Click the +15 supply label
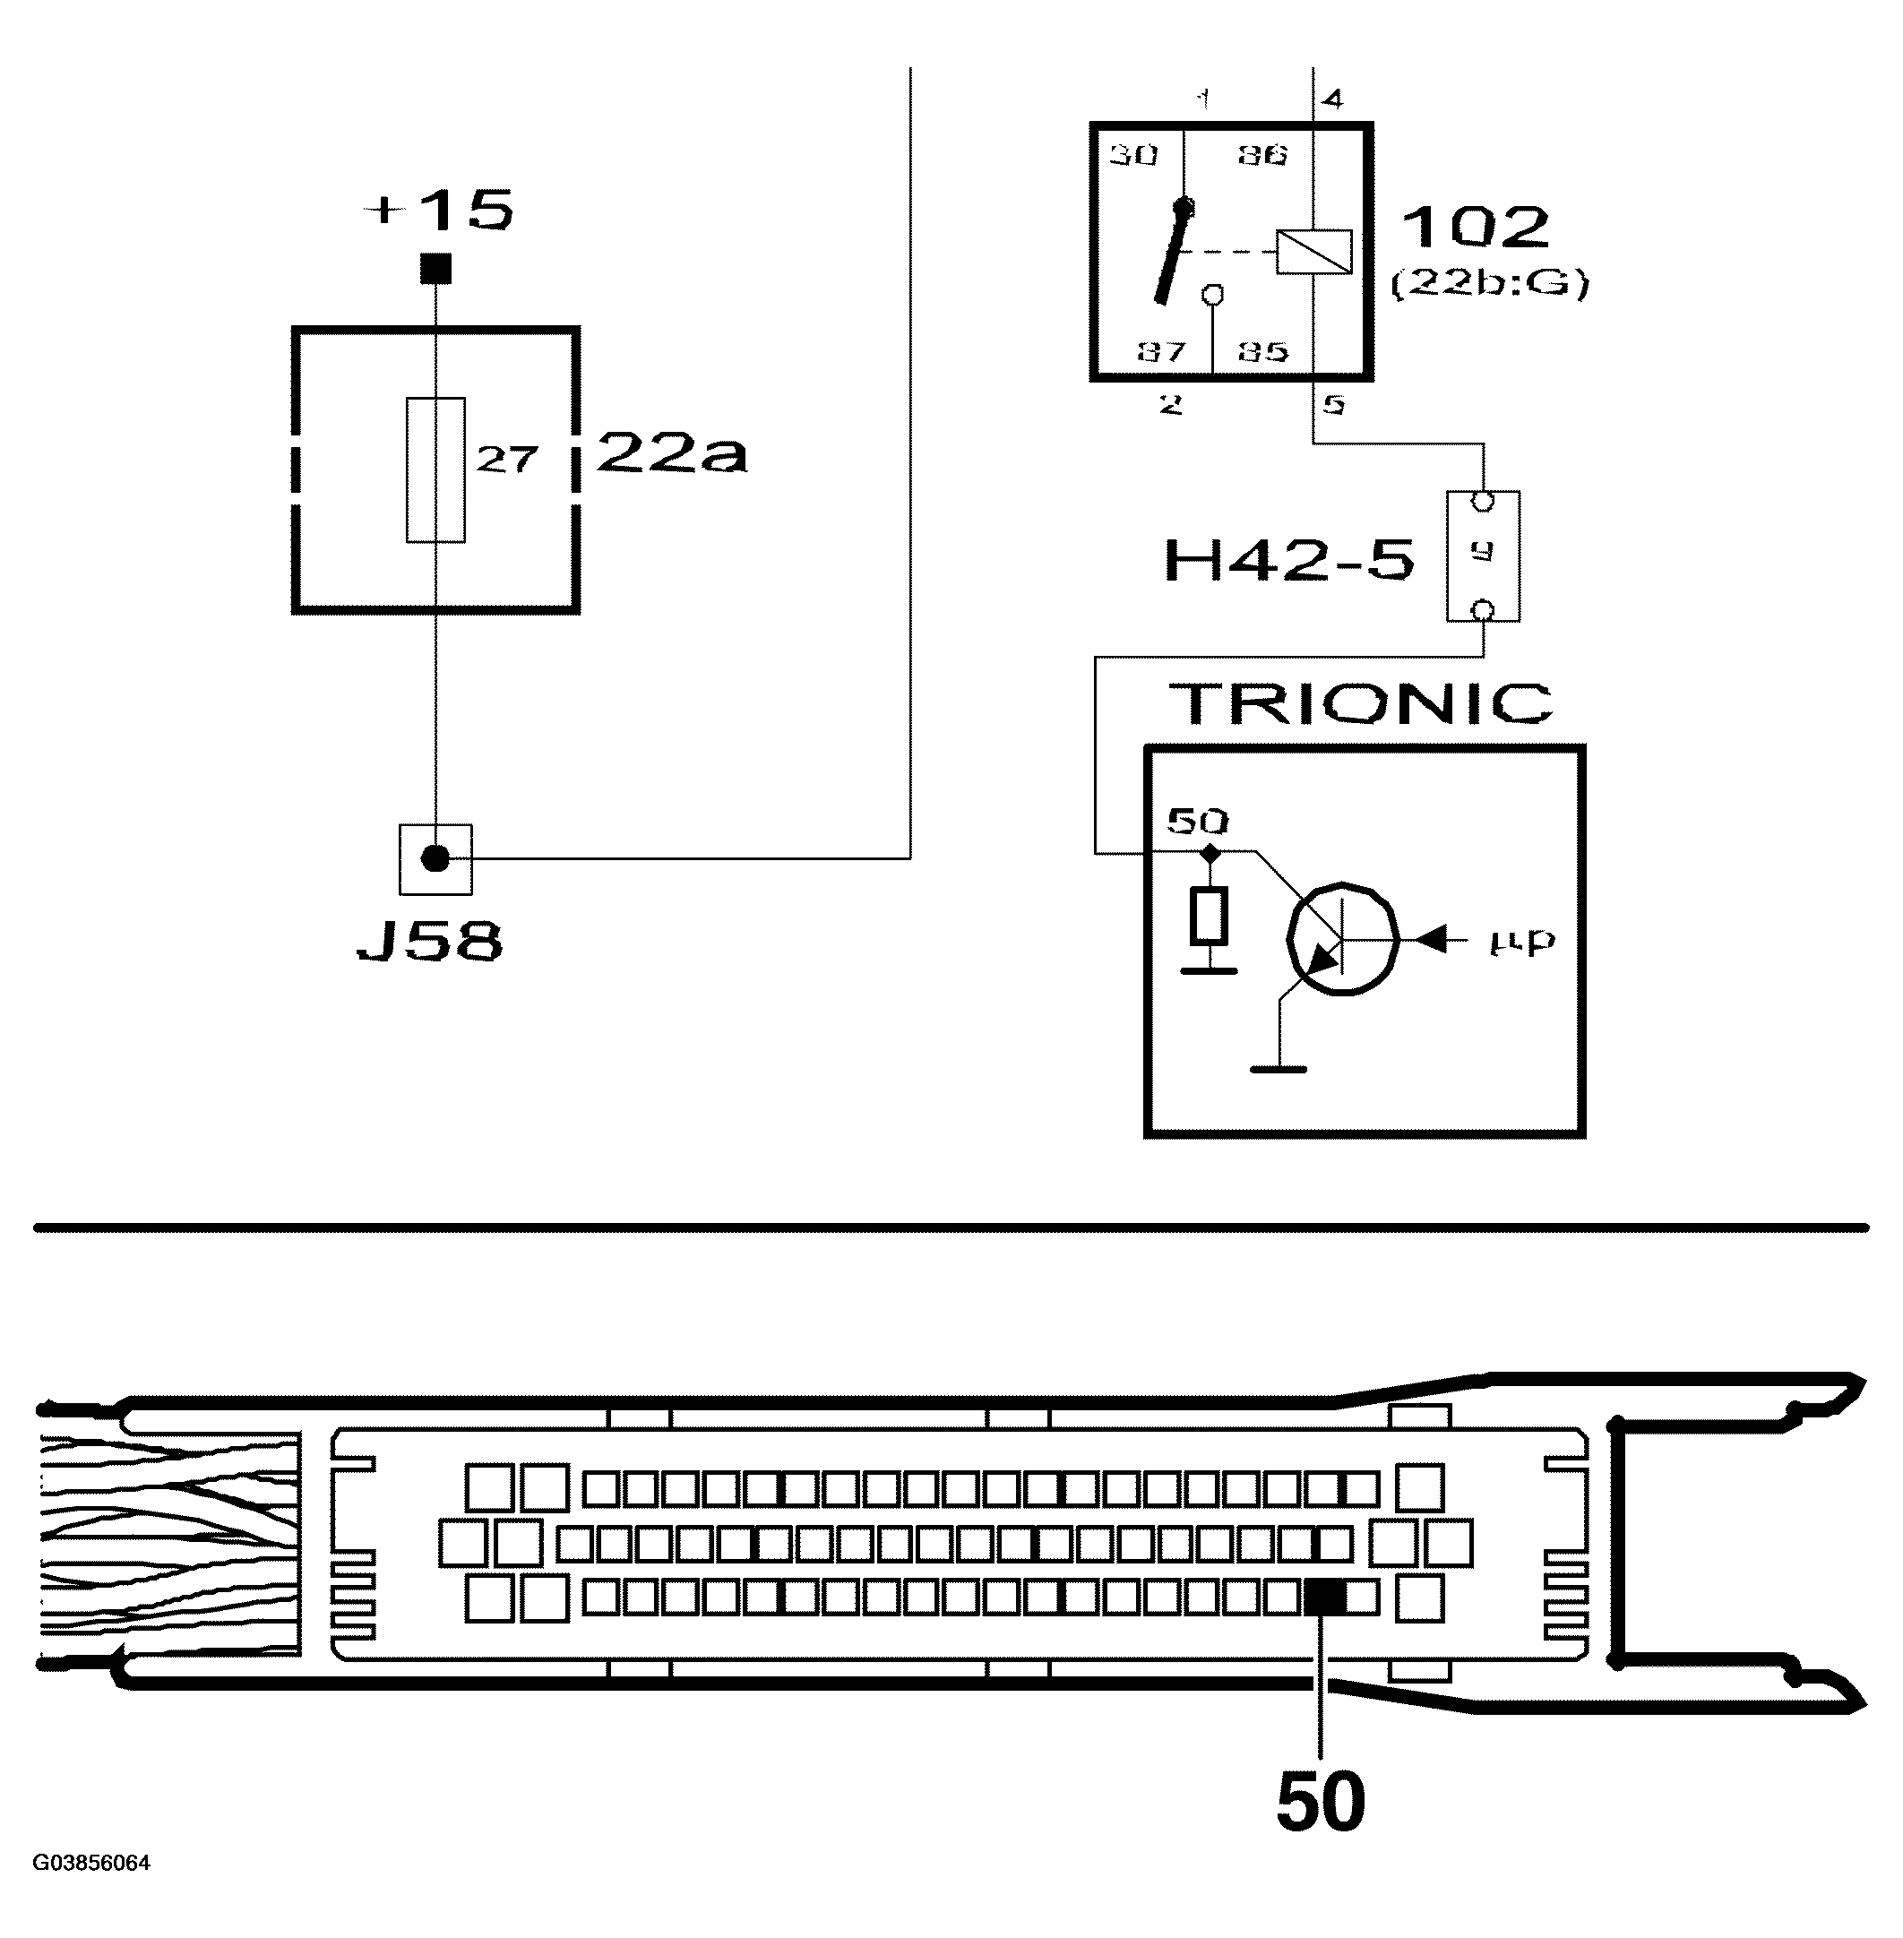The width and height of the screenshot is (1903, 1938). coord(441,211)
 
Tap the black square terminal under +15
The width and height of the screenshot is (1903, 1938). coord(435,269)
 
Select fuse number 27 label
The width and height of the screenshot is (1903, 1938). coord(507,459)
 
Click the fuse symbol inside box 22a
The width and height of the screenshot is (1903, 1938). coord(435,469)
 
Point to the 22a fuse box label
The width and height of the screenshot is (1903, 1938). coord(671,455)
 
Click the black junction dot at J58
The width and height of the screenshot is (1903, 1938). coord(435,857)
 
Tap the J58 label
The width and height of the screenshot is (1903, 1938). coord(430,942)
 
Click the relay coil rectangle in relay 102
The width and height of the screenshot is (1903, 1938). coord(1313,252)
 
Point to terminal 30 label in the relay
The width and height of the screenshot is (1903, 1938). coord(1133,155)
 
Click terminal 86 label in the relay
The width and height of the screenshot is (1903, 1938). coord(1263,155)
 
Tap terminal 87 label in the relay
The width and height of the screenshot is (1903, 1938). coord(1160,352)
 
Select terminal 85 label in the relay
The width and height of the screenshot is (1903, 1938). coord(1263,352)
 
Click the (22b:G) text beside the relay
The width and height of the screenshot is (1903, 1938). coord(1489,285)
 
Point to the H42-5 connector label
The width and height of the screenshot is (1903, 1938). coord(1289,561)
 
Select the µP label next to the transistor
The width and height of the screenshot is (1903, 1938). coord(1522,942)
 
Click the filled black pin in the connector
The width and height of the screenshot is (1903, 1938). coord(1325,1598)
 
